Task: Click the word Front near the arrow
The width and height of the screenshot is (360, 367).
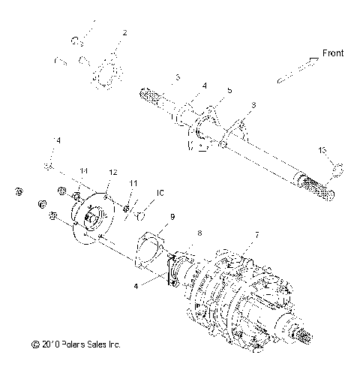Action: (x=334, y=53)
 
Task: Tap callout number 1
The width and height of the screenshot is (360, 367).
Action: (x=94, y=23)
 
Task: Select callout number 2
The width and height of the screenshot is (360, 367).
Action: (x=124, y=33)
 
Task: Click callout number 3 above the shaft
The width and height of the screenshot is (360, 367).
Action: (x=178, y=77)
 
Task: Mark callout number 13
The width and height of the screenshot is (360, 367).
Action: (x=322, y=151)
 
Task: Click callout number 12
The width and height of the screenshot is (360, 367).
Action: (x=112, y=173)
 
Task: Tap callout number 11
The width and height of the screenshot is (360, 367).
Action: (x=133, y=182)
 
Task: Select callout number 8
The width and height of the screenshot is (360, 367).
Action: (x=199, y=233)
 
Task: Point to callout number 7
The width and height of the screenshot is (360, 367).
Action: (x=256, y=235)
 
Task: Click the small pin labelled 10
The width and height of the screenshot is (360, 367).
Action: (x=140, y=218)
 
